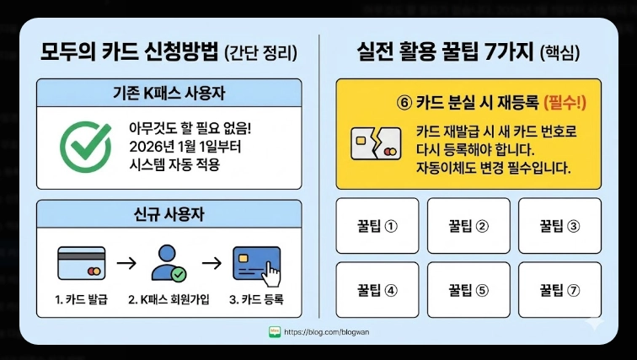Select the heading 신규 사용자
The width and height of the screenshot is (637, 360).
[x=169, y=215]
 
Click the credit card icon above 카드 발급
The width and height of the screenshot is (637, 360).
[x=82, y=263]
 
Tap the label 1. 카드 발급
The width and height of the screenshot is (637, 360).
[x=83, y=299]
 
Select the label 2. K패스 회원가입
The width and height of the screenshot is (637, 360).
[x=169, y=299]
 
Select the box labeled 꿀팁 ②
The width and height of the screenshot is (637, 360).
[x=468, y=226]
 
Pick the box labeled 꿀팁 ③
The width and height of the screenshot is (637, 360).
[x=559, y=226]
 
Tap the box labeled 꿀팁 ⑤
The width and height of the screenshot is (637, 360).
[x=468, y=289]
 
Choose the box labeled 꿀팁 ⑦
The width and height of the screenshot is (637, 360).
[x=559, y=289]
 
